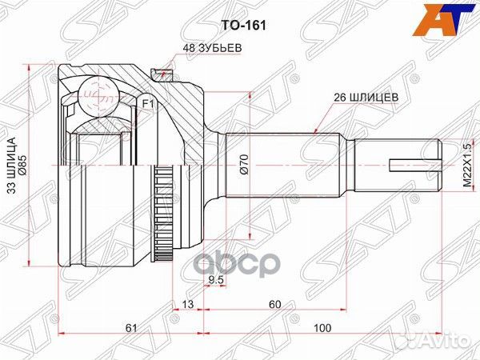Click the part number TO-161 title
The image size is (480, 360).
pos(248,25)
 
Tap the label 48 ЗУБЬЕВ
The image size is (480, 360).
pos(212,48)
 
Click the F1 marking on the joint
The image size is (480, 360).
pos(147,102)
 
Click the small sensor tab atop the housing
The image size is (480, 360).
pos(166,70)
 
